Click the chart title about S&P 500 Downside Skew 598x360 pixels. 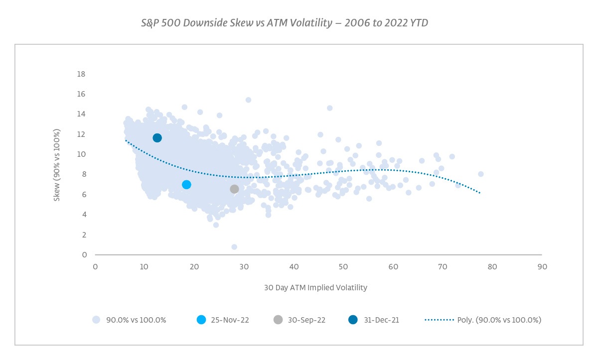(x=285, y=23)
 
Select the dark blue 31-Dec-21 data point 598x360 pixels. (x=157, y=138)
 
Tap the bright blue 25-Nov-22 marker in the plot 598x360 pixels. (x=186, y=185)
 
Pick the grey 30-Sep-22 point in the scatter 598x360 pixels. (x=234, y=189)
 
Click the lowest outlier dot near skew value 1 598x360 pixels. (x=234, y=247)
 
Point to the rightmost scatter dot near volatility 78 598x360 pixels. (x=481, y=174)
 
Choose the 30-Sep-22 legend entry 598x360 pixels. (x=299, y=320)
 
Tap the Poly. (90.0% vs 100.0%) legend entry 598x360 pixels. (x=483, y=320)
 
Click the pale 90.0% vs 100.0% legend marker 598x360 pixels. (x=97, y=320)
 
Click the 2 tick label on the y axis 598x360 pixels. (x=83, y=235)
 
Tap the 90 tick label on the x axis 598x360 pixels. (x=543, y=267)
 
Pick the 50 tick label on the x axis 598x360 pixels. (x=344, y=267)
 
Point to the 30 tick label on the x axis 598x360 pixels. (x=244, y=267)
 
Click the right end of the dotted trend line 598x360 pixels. (x=479, y=192)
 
